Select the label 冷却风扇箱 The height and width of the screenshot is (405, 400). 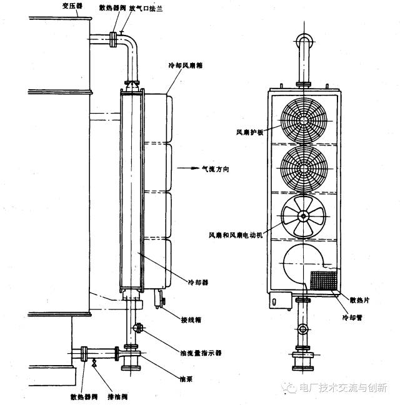185,64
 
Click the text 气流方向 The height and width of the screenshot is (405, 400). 214,168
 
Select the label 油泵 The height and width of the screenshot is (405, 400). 184,378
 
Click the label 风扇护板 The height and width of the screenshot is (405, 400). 249,132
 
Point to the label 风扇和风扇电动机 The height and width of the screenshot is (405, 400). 239,235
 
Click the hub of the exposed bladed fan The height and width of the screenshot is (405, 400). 304,217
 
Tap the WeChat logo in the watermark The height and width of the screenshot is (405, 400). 290,388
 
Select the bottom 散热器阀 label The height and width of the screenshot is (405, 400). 83,397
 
